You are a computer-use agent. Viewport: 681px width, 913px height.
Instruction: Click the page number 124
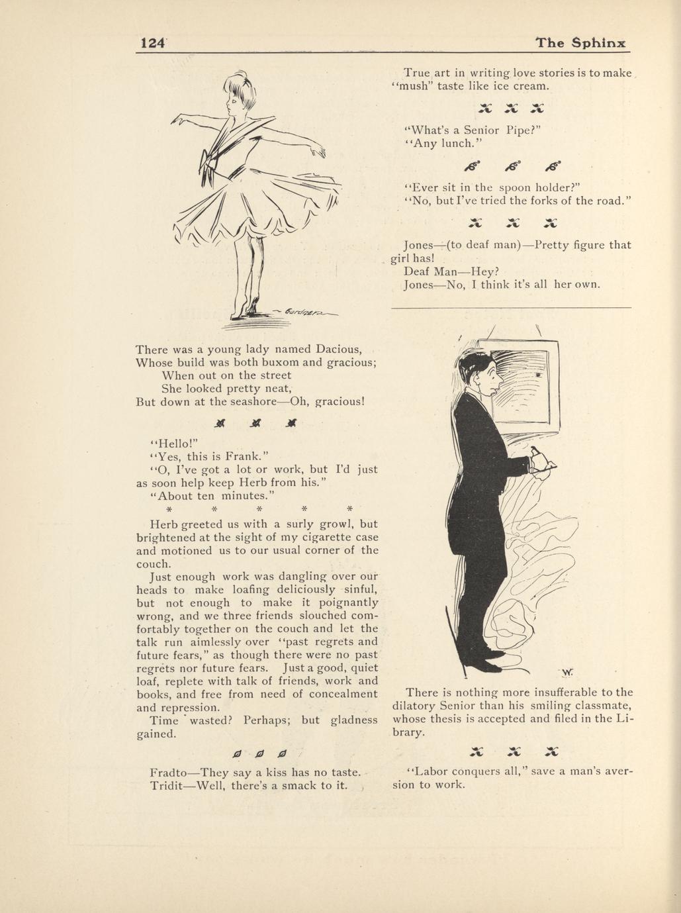coord(152,43)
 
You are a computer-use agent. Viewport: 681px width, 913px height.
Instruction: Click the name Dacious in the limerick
coord(338,349)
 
